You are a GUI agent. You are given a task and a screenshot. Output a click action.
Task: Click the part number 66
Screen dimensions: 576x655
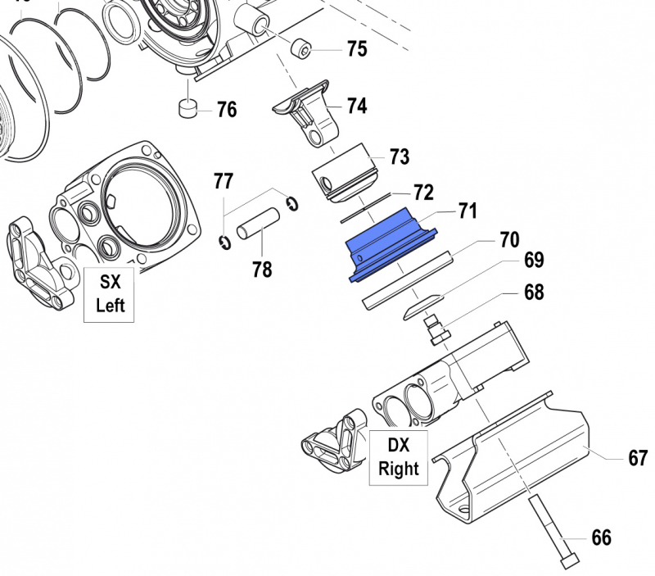[601, 537]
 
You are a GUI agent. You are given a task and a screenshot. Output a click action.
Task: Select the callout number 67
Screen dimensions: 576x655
[638, 458]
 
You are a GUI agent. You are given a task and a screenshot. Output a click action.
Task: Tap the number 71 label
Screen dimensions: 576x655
[467, 211]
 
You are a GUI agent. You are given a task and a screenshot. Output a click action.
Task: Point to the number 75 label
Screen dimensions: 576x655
[357, 49]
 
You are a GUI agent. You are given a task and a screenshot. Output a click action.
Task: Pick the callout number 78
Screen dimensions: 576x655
[262, 269]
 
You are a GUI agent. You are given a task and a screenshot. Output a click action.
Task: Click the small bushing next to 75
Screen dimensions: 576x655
[305, 52]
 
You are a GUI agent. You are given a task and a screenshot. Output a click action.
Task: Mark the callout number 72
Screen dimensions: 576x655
[422, 192]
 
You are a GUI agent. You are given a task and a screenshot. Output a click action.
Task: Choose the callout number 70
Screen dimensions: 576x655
[509, 240]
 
